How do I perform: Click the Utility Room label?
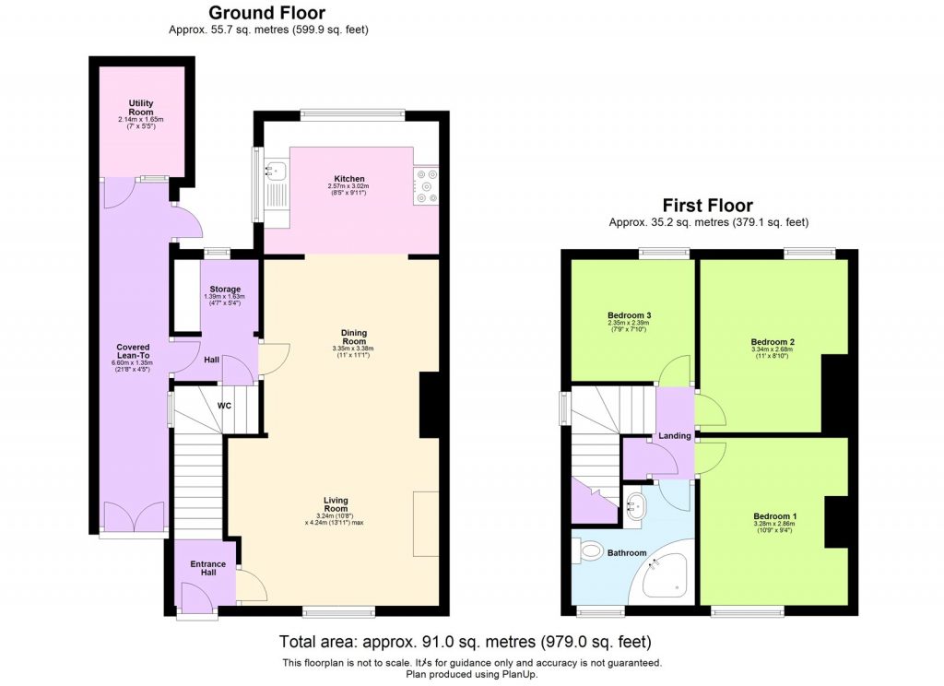141,108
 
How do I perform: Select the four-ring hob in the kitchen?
426,184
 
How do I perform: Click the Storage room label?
225,290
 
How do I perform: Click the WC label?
224,405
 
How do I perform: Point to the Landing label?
675,435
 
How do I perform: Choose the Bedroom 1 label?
774,515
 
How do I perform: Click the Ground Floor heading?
266,13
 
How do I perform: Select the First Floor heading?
708,206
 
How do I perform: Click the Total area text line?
472,642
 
